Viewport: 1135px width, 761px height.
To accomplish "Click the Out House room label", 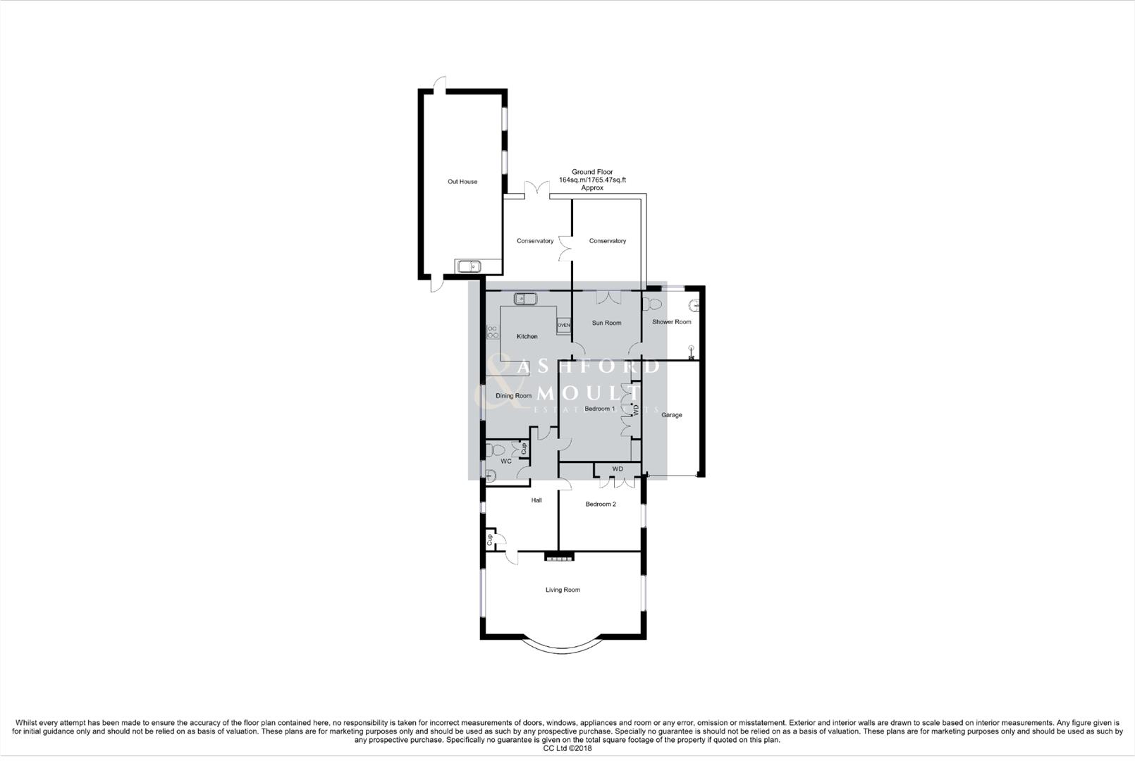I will coord(462,182).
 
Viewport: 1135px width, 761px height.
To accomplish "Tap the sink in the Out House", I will coord(468,266).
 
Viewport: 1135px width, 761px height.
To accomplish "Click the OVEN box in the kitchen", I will coord(563,326).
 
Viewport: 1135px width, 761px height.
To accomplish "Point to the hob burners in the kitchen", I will coord(491,332).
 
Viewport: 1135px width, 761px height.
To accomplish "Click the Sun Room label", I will coord(606,323).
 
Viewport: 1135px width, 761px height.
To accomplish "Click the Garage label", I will coord(671,415).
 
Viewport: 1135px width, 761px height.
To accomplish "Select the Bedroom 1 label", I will coord(600,409).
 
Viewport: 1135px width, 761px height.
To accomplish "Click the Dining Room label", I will coord(513,396).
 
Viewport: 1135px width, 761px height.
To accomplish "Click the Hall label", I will coord(536,500).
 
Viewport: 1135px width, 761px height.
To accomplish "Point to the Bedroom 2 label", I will coord(601,505).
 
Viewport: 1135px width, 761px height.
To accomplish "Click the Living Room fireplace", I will coord(559,557).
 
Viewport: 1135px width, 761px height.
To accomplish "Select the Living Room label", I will coord(563,590).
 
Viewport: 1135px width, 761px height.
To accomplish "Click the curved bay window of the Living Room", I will coord(563,646).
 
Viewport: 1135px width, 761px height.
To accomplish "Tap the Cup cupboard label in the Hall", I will coord(489,540).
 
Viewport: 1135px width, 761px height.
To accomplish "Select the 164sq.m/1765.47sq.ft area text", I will coord(592,180).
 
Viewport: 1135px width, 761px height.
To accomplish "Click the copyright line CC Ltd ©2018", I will coord(567,748).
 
